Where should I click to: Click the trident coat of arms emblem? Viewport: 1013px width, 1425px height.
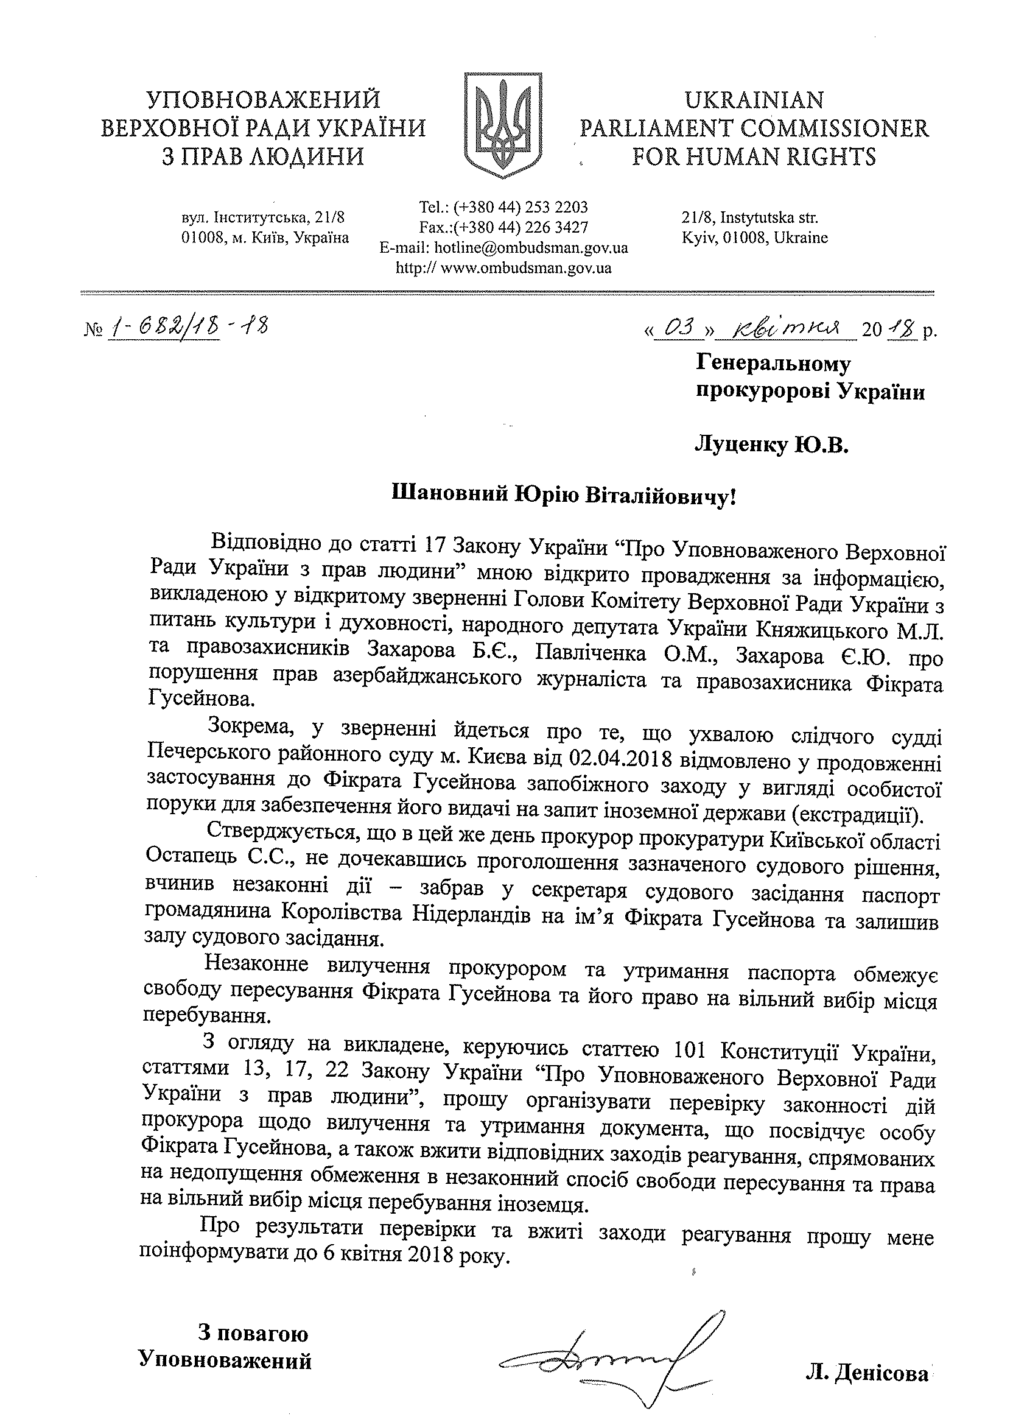502,125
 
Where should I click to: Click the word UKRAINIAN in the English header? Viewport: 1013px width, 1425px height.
754,100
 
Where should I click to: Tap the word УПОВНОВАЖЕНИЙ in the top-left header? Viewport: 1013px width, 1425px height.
263,100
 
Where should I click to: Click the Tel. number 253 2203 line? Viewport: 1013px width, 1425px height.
503,206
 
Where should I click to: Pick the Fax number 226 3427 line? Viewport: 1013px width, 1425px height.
503,227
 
